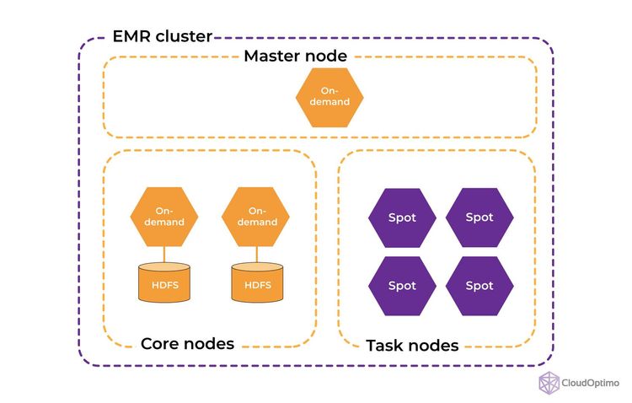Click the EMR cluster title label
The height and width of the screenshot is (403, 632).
coord(162,37)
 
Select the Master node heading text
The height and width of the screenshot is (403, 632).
coord(295,56)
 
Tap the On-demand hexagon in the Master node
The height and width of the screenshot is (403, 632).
coord(329,97)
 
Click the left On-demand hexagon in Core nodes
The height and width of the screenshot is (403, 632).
coord(164,217)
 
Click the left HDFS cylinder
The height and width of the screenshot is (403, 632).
coord(164,284)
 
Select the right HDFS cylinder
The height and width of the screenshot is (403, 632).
coord(257,284)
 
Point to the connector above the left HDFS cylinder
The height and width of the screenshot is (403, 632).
coord(164,254)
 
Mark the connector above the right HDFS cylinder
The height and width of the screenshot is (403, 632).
coord(257,254)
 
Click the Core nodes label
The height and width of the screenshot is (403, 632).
coord(187,344)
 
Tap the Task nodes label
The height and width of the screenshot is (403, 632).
coord(412,346)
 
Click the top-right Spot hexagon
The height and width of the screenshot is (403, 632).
coord(479,218)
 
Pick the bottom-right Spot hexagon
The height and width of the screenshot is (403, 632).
coord(479,286)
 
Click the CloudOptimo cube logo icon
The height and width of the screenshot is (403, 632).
coord(549,382)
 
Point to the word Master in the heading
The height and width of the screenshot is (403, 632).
coord(271,56)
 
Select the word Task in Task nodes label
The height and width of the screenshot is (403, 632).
coord(385,346)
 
